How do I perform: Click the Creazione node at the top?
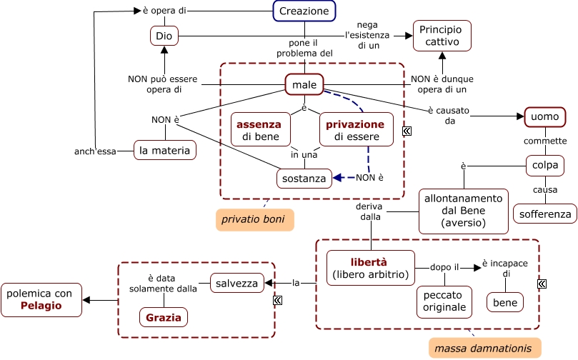[304, 11]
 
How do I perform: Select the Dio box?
[163, 35]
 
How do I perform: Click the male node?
[304, 85]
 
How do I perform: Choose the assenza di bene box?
[259, 129]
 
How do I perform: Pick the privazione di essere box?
[355, 129]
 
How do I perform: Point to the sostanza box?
[304, 178]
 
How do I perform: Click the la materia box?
[165, 150]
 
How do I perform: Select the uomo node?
[545, 116]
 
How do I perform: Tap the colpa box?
[545, 165]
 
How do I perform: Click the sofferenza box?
[545, 213]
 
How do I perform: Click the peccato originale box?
[444, 301]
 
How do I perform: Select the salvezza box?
[237, 284]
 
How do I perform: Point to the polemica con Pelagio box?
[41, 299]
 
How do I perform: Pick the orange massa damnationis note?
[484, 348]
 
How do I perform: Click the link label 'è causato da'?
[441, 115]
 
